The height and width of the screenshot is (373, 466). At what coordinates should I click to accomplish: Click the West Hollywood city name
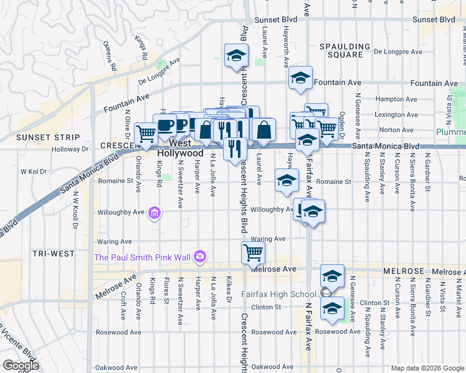point(180,152)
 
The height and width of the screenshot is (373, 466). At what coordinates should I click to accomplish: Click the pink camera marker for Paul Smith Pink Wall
point(199,256)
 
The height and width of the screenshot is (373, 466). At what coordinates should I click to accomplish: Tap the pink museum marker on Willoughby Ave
point(155,214)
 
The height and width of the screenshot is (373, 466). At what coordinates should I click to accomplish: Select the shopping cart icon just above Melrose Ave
point(253,252)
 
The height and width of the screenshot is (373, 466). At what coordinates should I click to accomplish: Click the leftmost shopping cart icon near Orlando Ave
point(146,133)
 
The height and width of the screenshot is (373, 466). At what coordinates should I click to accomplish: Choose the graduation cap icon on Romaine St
point(287,180)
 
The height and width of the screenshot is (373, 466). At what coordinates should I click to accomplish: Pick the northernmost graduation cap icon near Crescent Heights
point(236,55)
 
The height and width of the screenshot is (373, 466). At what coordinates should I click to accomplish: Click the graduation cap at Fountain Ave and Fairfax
point(300,78)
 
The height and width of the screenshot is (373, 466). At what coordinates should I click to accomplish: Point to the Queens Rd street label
point(110,54)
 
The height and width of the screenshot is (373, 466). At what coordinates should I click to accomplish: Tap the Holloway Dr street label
point(70,149)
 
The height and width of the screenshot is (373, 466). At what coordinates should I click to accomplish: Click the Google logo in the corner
point(21,365)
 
